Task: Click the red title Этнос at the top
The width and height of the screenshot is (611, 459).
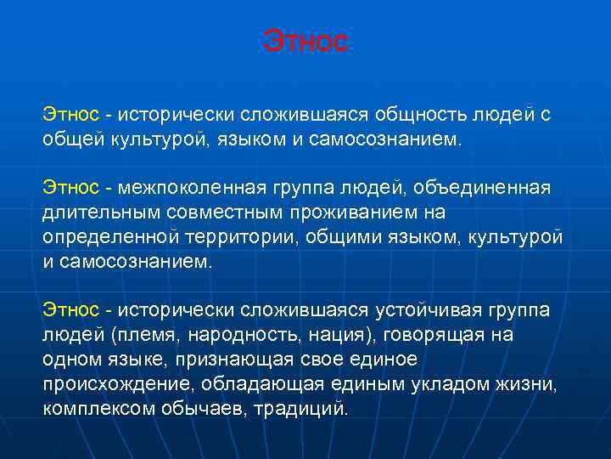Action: click(x=305, y=41)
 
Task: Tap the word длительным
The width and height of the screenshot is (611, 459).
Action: click(x=94, y=211)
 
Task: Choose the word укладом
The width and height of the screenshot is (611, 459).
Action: click(x=466, y=383)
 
